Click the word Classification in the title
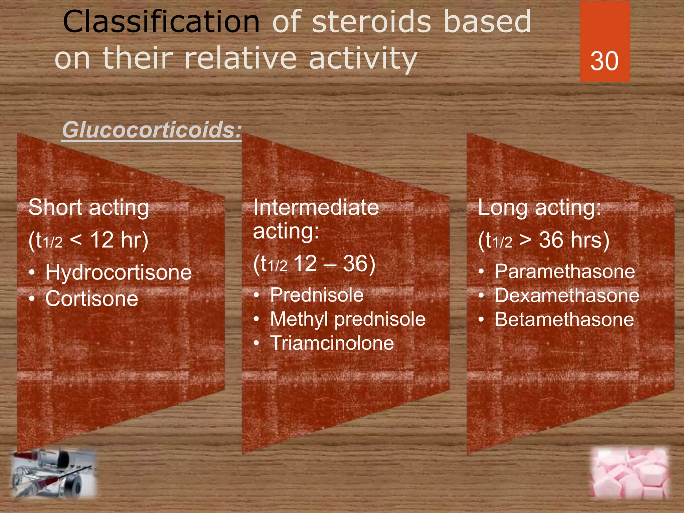(161, 22)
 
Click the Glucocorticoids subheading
(152, 130)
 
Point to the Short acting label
(89, 207)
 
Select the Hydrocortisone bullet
(119, 272)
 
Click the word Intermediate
(316, 207)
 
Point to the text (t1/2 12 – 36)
(314, 264)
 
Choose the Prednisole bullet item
(317, 295)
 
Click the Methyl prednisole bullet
(348, 319)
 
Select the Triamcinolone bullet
(332, 343)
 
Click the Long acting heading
(539, 207)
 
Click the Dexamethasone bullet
(567, 295)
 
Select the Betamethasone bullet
(564, 319)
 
